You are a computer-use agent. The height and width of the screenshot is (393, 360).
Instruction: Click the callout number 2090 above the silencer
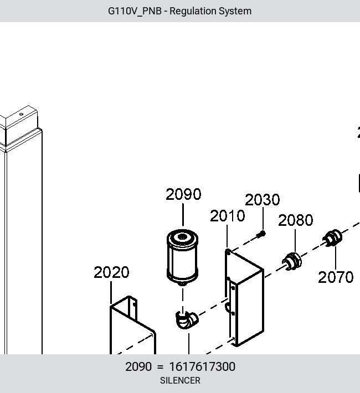point(183,194)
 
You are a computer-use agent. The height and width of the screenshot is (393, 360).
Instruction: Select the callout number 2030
point(262,200)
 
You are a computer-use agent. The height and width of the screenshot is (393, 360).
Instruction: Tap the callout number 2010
point(227,216)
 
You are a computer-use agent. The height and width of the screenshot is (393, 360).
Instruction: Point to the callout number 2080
point(296,220)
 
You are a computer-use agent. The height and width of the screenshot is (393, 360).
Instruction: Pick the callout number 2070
point(336,277)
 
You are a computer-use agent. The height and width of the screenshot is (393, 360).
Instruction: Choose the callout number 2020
point(111,272)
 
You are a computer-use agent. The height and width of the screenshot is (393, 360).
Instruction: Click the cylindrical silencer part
point(182,257)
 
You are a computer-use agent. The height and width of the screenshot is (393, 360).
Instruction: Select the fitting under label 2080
point(292,261)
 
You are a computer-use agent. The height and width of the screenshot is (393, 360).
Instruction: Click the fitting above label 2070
point(332,238)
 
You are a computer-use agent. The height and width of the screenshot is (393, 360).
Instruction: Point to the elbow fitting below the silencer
point(187,320)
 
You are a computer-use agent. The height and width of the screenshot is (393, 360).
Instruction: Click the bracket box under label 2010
point(244,298)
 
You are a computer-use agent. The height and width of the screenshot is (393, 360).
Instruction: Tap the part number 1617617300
point(202,366)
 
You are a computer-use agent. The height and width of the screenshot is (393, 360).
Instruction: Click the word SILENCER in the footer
point(180,380)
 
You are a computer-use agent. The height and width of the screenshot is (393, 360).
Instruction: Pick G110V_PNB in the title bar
point(135,11)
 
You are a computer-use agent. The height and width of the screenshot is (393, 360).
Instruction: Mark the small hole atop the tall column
point(22,114)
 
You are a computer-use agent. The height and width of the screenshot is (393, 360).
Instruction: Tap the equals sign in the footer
point(160,367)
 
